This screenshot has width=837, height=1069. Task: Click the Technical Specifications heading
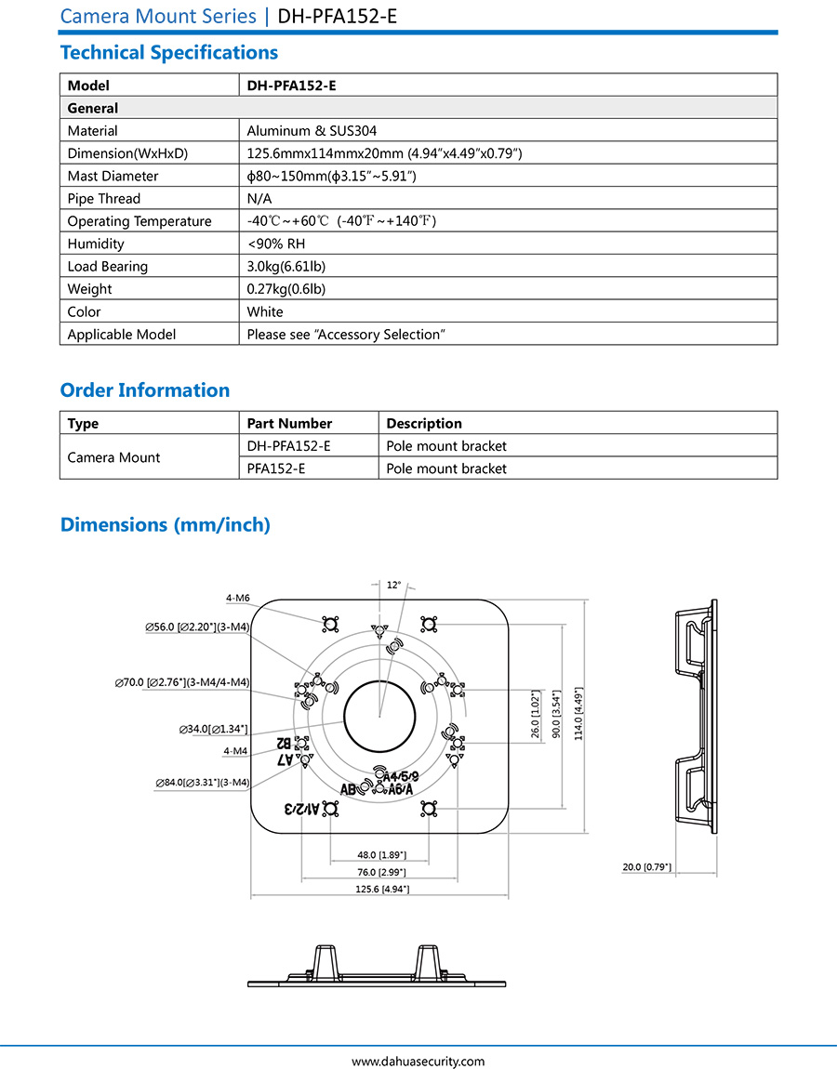coord(168,52)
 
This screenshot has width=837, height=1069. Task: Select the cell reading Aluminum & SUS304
coord(312,131)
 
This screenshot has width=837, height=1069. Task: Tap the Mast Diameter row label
coord(113,176)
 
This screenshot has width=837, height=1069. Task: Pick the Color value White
coord(265,311)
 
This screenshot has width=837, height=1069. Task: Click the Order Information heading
coord(144,390)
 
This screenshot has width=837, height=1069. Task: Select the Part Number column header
coord(289,423)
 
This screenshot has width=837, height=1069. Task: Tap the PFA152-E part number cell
coord(275,469)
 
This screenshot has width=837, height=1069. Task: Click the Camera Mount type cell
coord(113,457)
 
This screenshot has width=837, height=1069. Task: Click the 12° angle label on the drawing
coord(393,585)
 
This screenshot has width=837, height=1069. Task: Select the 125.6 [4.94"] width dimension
coord(380,889)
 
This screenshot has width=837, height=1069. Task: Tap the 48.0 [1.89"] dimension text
coord(380,854)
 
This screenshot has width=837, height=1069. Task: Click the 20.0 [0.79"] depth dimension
coord(646,867)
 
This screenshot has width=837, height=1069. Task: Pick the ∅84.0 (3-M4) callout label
coord(203,783)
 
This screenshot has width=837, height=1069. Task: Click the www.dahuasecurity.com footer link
coord(418,1061)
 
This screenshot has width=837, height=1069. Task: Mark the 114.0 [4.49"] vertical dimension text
coord(578,713)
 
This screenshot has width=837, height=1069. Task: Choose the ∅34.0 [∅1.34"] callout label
coord(213,730)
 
